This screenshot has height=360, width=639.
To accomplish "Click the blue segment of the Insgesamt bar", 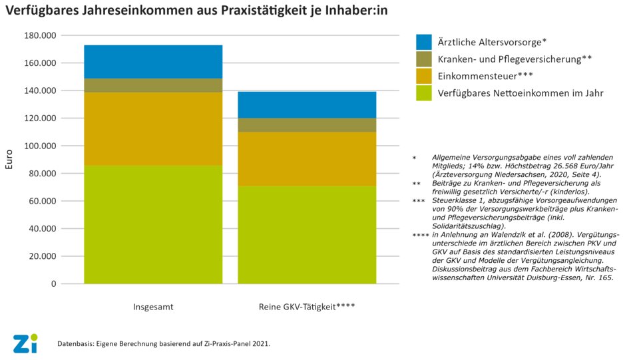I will (153, 61).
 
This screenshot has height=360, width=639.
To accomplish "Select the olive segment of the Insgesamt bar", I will (153, 85).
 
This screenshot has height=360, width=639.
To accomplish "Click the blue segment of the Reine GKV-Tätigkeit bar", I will (307, 104).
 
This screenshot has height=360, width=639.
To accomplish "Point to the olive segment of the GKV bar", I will (307, 124).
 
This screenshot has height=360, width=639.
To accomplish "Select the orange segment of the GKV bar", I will (307, 158).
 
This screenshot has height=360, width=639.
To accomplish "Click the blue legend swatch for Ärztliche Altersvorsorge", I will (425, 41).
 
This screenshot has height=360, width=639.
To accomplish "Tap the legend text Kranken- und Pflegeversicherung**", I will (515, 59).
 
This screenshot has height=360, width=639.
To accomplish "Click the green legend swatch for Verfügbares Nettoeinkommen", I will (425, 93).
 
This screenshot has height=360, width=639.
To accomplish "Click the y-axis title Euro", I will (9, 160).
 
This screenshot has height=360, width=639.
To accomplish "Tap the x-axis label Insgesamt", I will (153, 307).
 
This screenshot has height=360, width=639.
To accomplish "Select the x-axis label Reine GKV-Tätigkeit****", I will (307, 307).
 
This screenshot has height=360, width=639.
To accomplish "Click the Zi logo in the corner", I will (25, 343).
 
